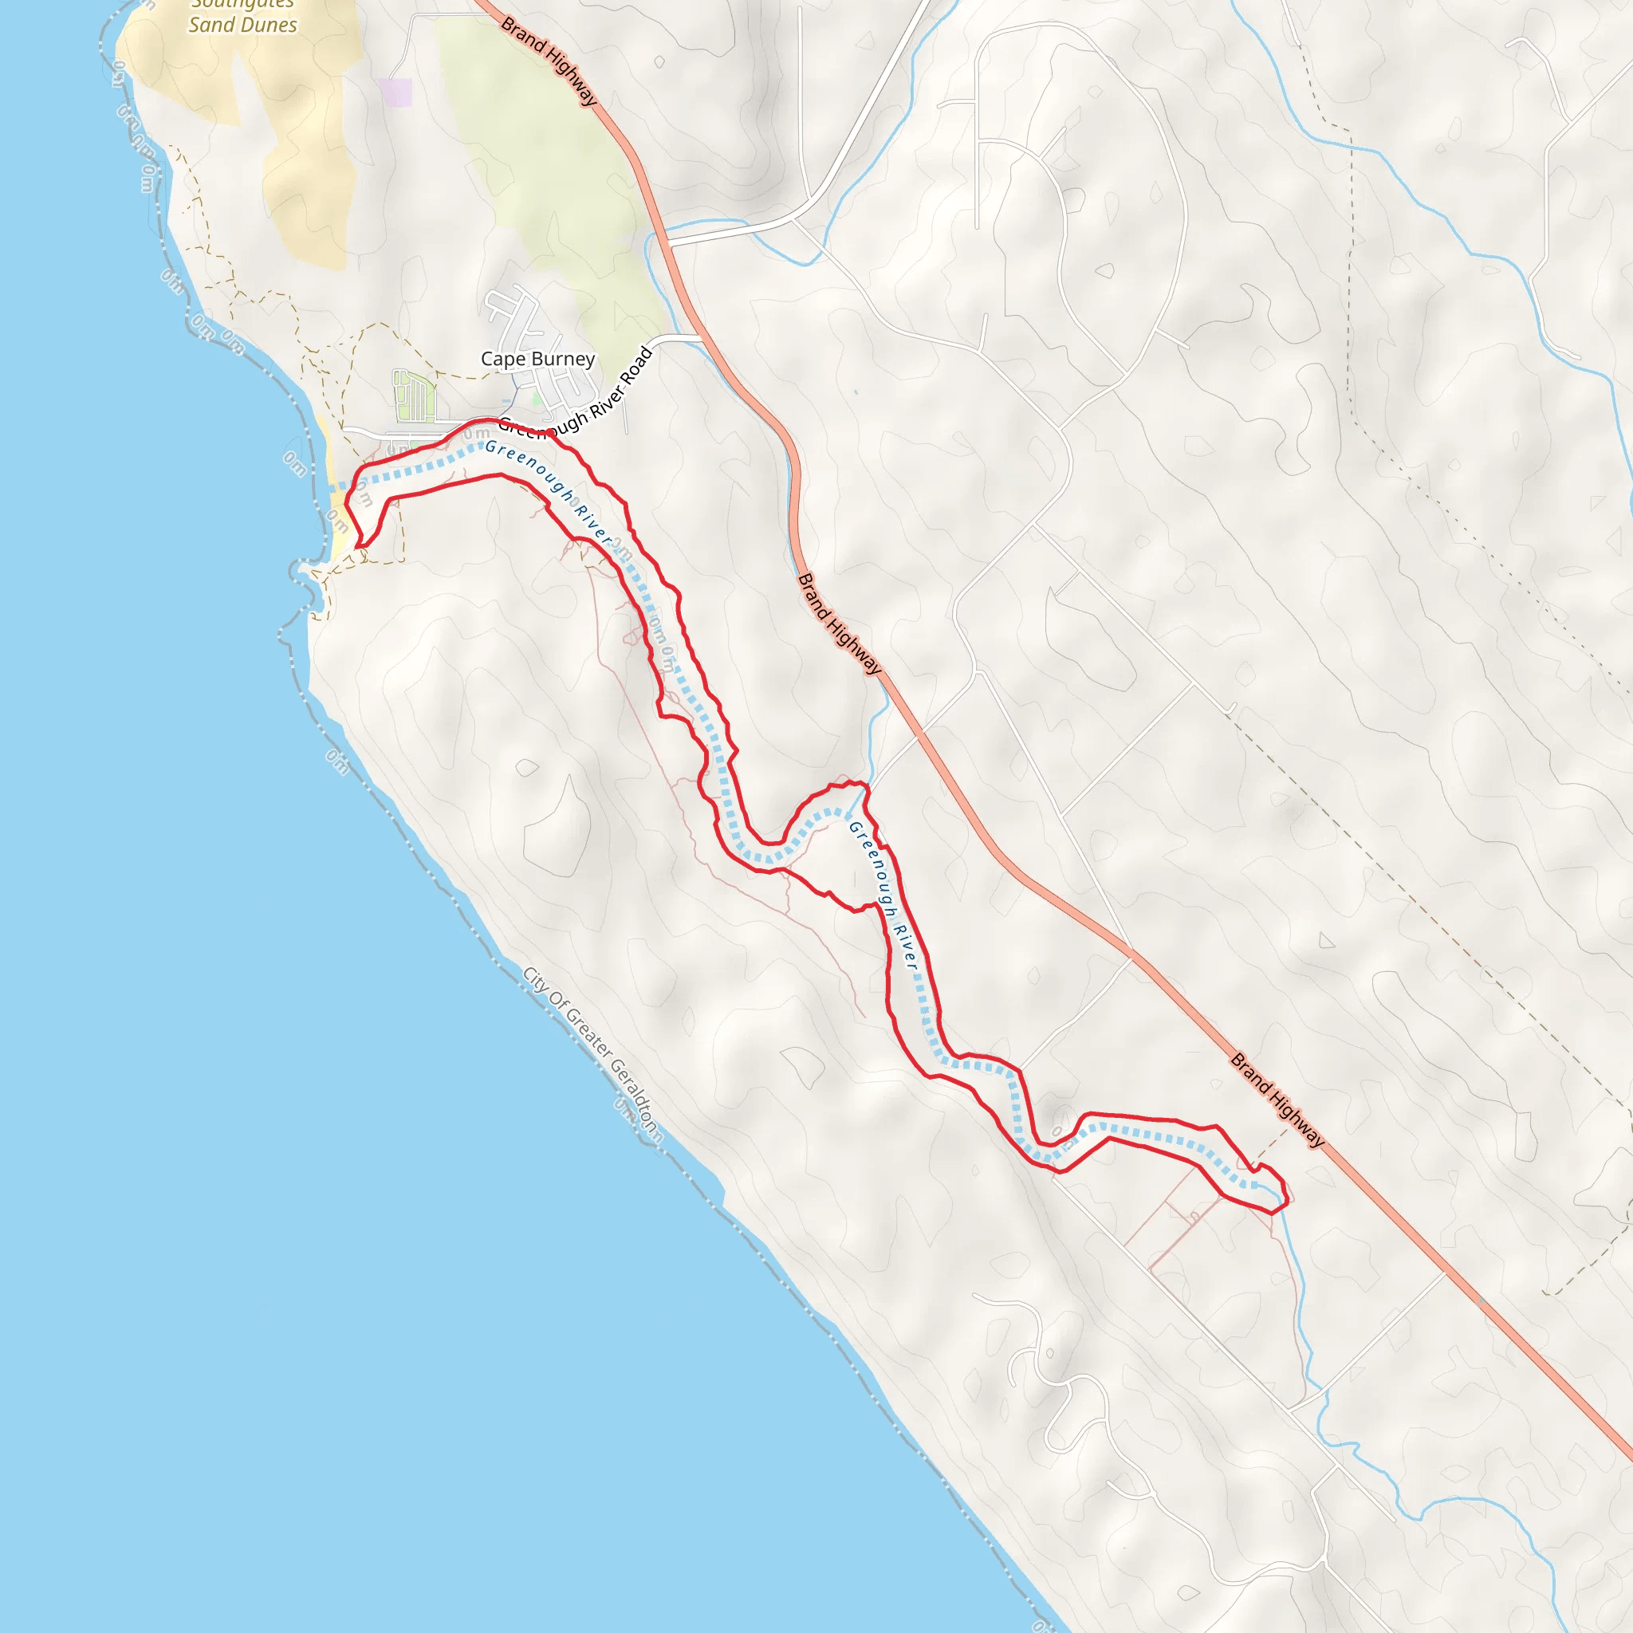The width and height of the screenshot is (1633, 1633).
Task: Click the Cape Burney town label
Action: [537, 360]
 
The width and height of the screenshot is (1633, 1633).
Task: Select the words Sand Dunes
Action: [242, 25]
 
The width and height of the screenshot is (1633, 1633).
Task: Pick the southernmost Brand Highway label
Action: [1277, 1099]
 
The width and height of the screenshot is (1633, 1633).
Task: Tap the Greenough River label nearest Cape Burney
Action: [549, 491]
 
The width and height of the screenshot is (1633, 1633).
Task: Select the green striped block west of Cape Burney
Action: [414, 396]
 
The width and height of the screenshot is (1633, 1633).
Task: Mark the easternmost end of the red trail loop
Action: [1286, 1193]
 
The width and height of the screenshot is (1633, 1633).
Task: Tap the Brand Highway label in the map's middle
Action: [840, 624]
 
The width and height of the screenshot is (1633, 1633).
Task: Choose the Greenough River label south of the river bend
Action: [883, 896]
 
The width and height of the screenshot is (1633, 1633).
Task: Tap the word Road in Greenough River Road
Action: [636, 364]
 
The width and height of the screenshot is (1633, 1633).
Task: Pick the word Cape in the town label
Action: [503, 360]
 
